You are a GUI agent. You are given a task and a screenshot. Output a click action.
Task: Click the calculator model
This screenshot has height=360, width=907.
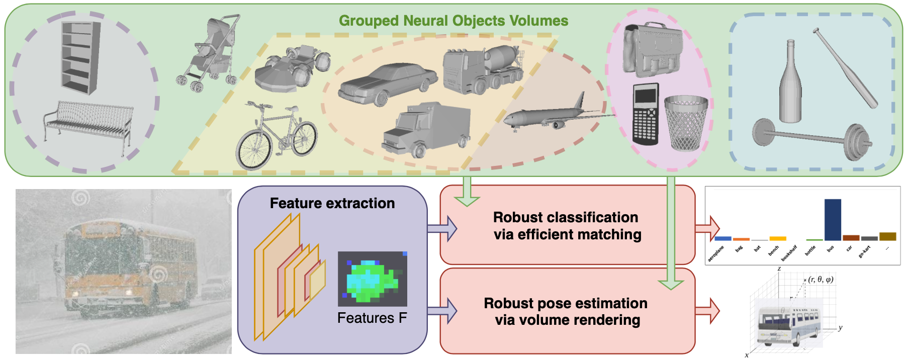[x=645, y=115]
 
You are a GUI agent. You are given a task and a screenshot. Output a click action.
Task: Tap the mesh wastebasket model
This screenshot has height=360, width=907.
[x=686, y=124]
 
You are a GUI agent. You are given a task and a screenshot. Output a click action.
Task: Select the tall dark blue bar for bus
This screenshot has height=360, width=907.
[x=833, y=220]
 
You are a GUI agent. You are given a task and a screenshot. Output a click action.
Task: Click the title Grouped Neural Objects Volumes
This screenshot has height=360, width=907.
[x=453, y=21]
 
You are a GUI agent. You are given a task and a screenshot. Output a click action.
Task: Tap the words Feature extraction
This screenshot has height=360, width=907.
[x=332, y=203]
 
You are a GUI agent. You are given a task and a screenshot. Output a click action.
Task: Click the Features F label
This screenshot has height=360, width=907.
[x=372, y=318]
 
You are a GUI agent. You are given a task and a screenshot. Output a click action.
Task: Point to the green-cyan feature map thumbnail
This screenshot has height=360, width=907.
[x=372, y=279]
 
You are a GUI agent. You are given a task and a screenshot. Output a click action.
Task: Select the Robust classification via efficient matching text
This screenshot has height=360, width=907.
[x=567, y=226]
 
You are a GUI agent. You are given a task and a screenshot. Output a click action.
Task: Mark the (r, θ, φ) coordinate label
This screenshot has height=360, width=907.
[x=821, y=280]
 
